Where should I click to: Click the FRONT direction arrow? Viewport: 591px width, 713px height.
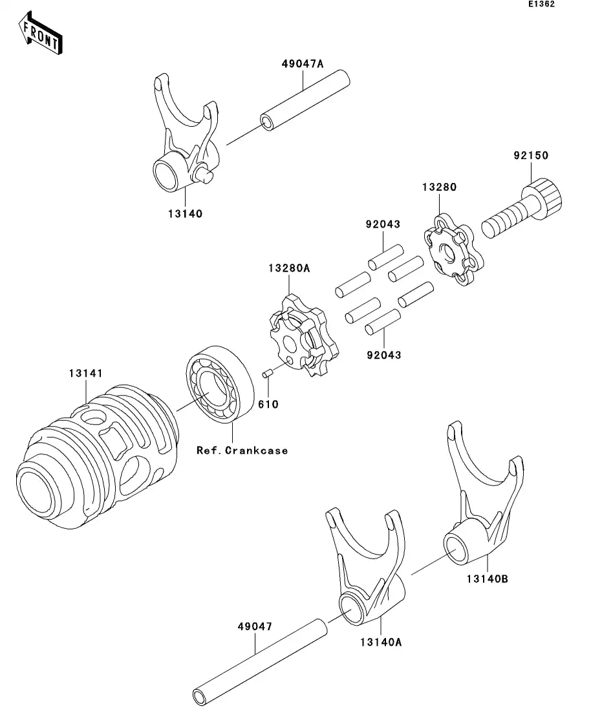40,34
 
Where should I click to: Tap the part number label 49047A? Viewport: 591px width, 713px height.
303,64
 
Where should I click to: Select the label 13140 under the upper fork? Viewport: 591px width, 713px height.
185,214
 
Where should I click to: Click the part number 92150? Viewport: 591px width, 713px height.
531,156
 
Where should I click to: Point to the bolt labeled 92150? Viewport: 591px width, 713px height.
522,208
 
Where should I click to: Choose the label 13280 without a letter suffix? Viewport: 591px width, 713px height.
439,187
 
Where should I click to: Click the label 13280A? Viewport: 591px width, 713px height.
289,268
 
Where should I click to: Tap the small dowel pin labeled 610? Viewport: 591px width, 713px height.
267,374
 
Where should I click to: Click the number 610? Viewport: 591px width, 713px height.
268,404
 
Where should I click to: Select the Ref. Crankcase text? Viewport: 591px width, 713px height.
242,451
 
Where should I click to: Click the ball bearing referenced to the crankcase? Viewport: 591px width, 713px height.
220,385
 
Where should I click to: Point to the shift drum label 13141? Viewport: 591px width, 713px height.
85,374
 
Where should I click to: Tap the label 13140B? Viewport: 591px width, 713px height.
488,579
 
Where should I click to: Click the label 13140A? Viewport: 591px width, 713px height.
381,642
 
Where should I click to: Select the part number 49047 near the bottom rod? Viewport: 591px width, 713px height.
255,626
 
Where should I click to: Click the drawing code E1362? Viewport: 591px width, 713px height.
541,4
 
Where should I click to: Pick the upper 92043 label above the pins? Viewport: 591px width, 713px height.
383,224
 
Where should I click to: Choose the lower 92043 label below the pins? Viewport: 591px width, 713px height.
384,355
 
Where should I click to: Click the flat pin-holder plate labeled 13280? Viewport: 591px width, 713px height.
454,250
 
